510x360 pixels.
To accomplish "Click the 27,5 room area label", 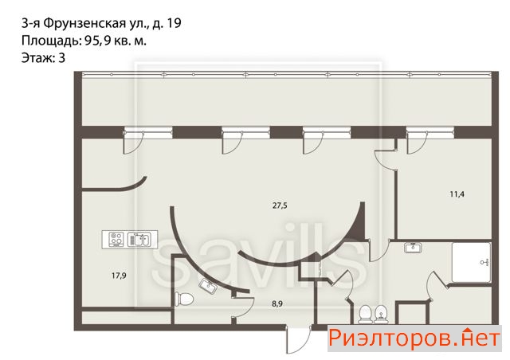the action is coord(280,205).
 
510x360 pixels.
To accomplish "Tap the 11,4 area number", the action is coord(457,194).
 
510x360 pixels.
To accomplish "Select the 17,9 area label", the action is coord(119,276).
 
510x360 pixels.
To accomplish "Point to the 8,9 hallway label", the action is coord(277,304).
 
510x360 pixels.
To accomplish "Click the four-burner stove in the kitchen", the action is coord(116,240).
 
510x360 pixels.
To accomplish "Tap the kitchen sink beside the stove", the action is coord(139,240).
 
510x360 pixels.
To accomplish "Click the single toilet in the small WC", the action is coord(184,299).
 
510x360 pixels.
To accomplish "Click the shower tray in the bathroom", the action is coord(471,262).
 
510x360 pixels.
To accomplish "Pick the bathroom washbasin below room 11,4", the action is coord(413,248).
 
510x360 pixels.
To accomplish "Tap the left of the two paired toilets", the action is coord(366,314).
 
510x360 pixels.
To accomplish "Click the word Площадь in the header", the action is coord(51,41).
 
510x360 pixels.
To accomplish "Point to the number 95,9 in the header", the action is coord(97,41).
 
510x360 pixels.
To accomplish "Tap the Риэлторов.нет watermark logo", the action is coord(414,338).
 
